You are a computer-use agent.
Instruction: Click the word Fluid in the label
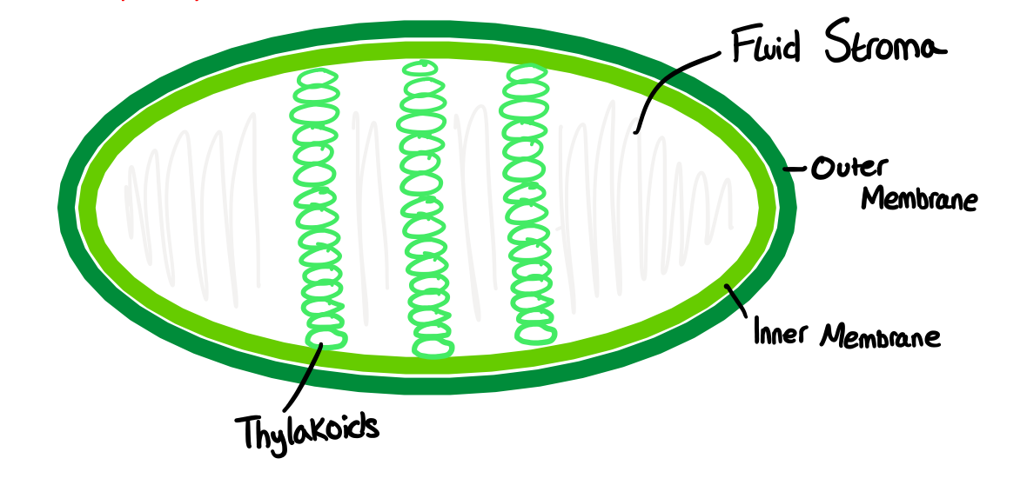pyautogui.click(x=764, y=48)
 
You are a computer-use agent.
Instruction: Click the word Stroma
pyautogui.click(x=879, y=48)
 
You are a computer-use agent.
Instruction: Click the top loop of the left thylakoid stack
pyautogui.click(x=317, y=79)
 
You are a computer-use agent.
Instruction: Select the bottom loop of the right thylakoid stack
pyautogui.click(x=535, y=334)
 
